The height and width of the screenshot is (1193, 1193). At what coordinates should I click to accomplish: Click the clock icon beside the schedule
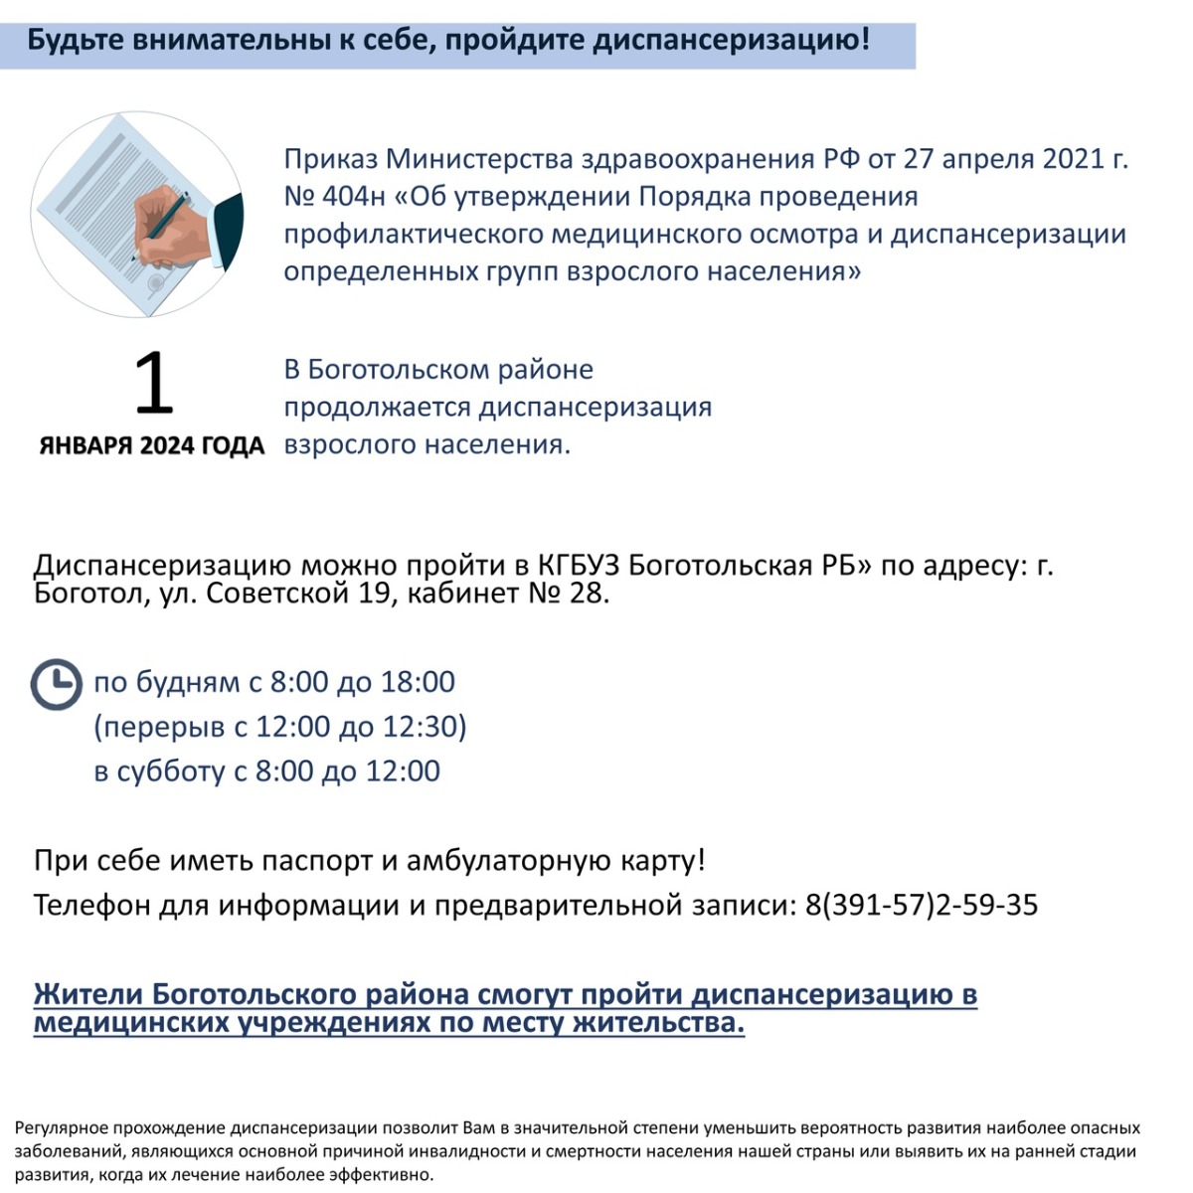pyautogui.click(x=57, y=684)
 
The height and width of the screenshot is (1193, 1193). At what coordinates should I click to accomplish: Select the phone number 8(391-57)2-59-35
pyautogui.click(x=922, y=905)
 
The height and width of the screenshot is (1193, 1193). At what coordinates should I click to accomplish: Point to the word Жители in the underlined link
pyautogui.click(x=87, y=995)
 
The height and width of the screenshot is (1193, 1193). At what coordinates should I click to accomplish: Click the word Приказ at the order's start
pyautogui.click(x=330, y=159)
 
